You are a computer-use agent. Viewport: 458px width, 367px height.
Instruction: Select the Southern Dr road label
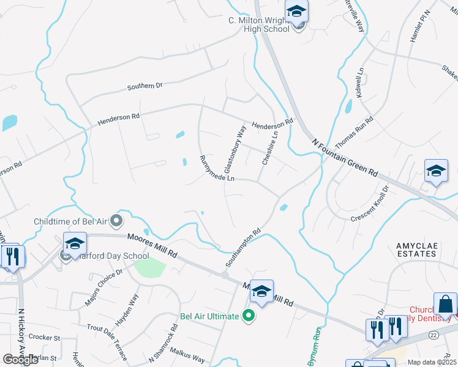coord(145,86)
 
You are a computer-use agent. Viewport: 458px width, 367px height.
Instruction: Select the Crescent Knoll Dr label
coord(370,209)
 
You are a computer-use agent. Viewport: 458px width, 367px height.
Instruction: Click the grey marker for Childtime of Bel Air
coord(117,220)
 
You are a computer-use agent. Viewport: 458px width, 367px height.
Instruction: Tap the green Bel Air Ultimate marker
coord(248,316)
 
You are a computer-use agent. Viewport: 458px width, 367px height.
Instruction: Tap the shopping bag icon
coord(445,304)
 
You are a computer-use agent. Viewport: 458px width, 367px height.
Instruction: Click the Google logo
coord(20,359)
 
